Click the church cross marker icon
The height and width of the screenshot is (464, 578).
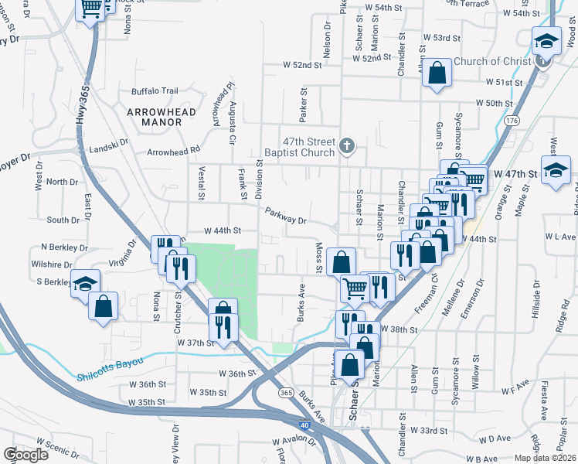pos(347,145)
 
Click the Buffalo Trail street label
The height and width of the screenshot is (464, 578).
pos(155,90)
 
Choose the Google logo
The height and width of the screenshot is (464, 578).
pos(26,455)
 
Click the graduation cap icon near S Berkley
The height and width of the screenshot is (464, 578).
pos(85,282)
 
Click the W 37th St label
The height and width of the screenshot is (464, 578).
pos(194,342)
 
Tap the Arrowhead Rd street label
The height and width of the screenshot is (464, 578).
pos(174,149)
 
